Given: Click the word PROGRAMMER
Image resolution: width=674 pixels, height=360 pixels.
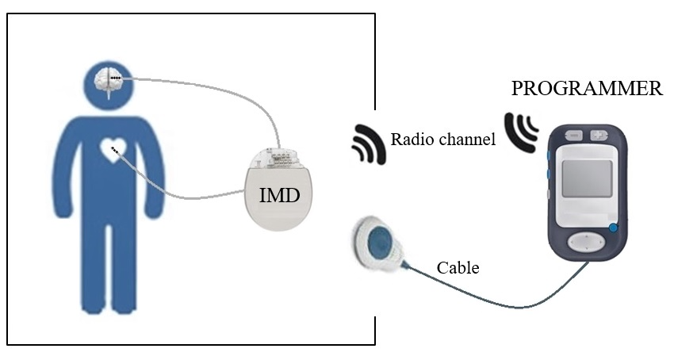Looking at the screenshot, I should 587,88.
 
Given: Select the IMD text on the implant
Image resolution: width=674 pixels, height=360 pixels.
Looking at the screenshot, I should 280,193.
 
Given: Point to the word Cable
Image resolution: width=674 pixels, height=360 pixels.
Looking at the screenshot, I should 458,268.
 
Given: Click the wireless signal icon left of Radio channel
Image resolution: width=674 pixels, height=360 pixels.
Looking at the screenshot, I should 369,144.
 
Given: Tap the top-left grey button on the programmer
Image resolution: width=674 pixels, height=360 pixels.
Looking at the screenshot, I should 573,136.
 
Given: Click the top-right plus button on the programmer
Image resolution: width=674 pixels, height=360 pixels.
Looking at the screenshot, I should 599,136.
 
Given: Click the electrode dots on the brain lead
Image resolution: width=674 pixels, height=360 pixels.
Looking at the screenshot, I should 116,78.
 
